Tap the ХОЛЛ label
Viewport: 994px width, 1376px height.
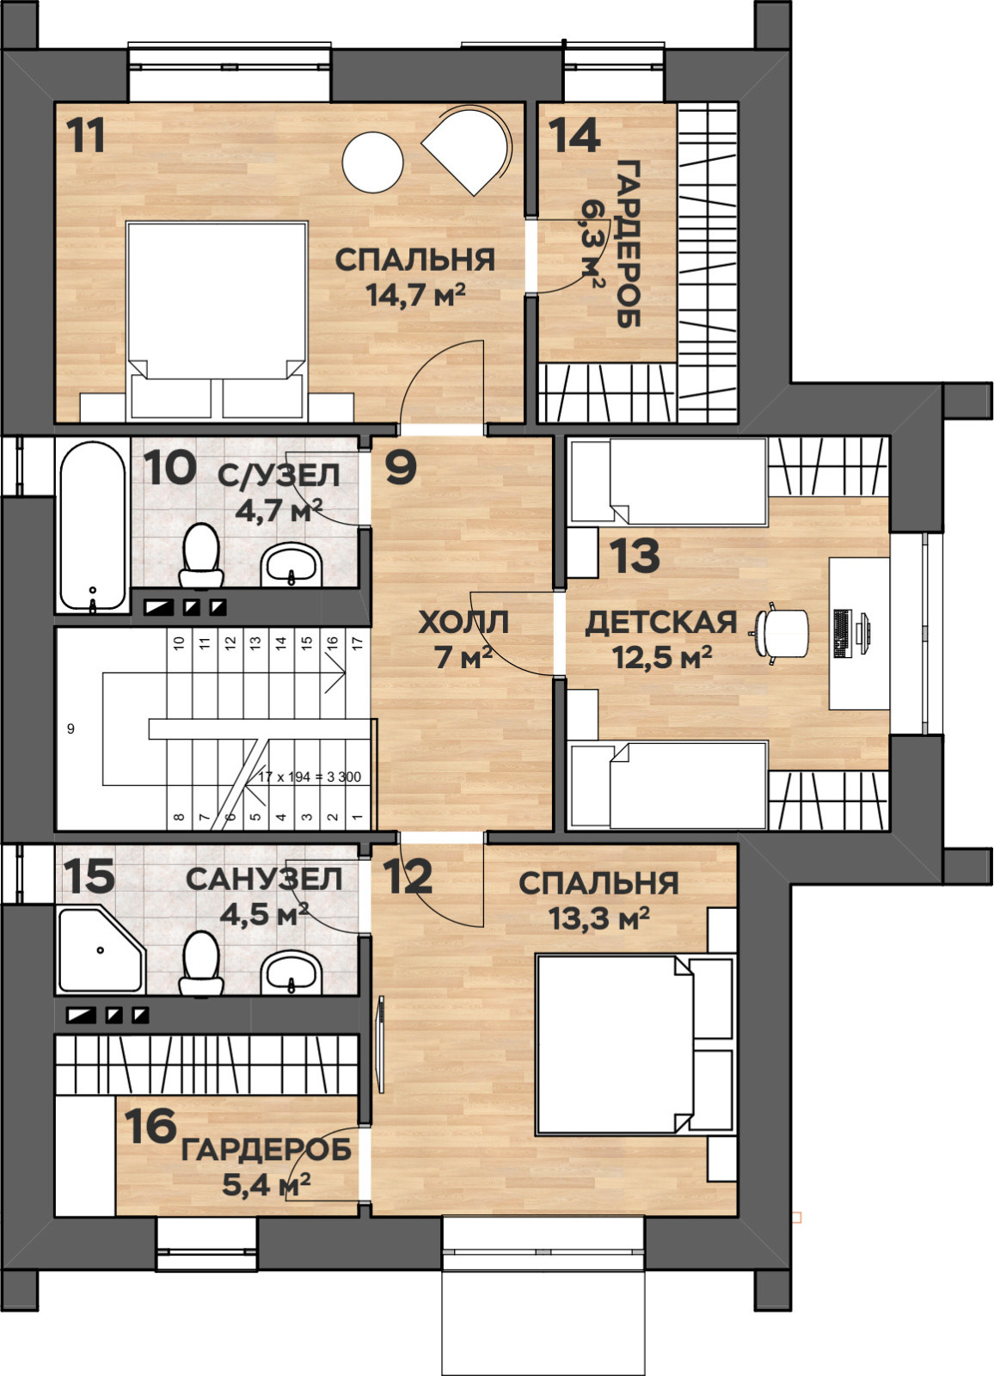point(463,623)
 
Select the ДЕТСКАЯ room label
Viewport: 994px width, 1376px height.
point(661,623)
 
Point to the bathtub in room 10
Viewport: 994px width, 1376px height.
point(92,526)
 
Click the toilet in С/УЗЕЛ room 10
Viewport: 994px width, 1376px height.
point(201,555)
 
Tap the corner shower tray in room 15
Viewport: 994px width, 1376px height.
point(101,950)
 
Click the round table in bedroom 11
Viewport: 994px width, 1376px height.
point(372,163)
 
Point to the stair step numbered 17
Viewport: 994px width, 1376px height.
point(359,643)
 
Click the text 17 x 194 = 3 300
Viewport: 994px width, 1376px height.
point(310,777)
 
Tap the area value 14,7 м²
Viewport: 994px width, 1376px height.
point(415,296)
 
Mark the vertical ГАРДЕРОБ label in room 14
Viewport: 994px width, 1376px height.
point(628,244)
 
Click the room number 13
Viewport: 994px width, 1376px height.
point(635,556)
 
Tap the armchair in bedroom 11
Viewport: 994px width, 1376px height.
point(468,151)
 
